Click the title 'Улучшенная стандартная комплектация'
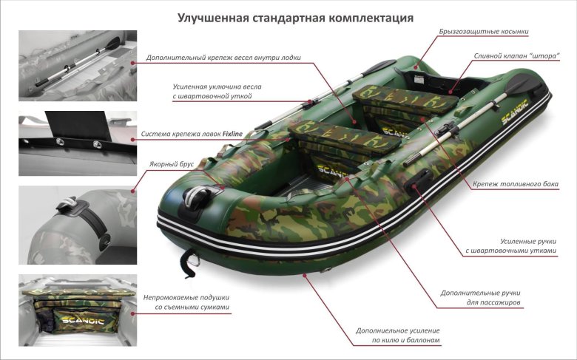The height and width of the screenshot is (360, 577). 295,18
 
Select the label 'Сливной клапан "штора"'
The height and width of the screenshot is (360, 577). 516,56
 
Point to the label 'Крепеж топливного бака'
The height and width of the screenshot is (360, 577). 515,184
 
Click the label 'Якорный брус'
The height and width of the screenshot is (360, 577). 171,164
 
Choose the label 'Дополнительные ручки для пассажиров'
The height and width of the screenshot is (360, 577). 481,297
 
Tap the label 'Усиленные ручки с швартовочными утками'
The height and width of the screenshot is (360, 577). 510,246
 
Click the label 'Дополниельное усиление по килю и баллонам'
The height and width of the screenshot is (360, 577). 398,336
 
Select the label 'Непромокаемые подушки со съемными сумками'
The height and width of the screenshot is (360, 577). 186,302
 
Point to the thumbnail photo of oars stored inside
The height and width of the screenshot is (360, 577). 78,66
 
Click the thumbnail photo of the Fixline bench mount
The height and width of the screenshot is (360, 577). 78,143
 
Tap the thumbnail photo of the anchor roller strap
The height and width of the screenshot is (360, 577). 78,225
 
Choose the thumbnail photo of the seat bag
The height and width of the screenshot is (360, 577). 78,310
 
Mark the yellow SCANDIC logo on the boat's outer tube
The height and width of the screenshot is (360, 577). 515,112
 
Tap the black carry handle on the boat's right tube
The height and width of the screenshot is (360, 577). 419,180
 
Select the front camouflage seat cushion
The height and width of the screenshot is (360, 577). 344,137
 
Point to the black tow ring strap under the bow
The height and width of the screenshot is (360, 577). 190,262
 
